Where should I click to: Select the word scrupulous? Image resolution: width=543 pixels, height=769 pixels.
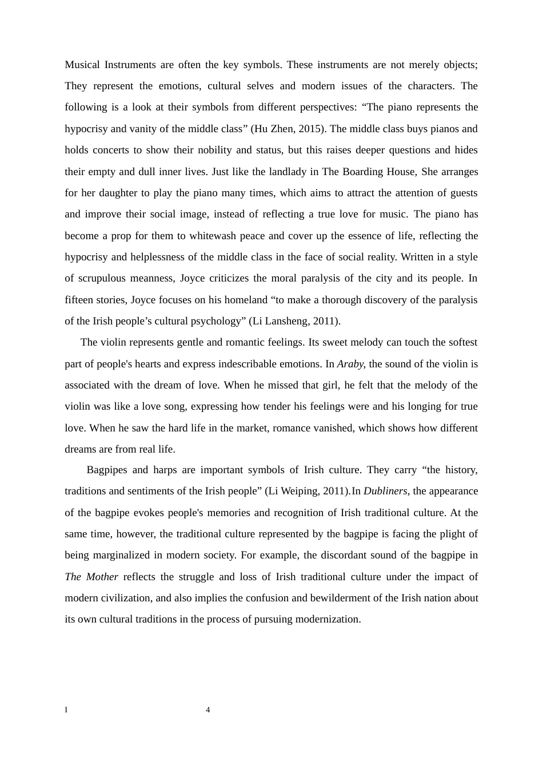[x=103, y=279]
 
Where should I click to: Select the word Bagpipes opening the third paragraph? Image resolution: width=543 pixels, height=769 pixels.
[x=107, y=470]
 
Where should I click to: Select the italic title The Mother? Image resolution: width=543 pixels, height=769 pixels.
[x=91, y=577]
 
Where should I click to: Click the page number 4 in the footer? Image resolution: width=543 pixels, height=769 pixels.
[x=208, y=710]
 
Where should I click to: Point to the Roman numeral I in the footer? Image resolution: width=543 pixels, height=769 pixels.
[x=66, y=710]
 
